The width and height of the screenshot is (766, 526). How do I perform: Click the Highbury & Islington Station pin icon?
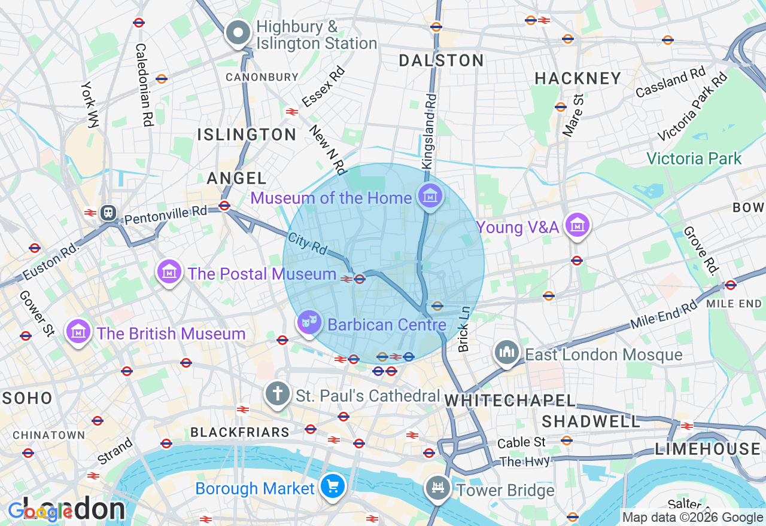(x=238, y=33)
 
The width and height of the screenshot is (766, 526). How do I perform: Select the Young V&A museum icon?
(x=577, y=226)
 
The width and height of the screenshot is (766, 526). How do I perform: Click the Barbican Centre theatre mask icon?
(x=309, y=323)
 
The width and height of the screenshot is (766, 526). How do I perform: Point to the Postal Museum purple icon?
(x=170, y=273)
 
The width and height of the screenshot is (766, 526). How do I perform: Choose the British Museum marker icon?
(x=79, y=332)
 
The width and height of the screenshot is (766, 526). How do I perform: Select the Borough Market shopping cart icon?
(x=333, y=487)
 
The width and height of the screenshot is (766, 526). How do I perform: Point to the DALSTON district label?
(x=441, y=60)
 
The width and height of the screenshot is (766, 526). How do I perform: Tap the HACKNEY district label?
(x=578, y=78)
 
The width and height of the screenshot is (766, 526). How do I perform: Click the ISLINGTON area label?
(x=247, y=134)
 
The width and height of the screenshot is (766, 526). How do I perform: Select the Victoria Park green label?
(x=694, y=158)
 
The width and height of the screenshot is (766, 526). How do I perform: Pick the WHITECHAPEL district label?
(x=510, y=401)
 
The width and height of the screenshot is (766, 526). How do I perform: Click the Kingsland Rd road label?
(x=429, y=131)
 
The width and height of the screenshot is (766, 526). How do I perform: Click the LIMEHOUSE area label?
(x=707, y=449)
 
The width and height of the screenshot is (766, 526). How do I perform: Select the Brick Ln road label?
(x=464, y=329)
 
